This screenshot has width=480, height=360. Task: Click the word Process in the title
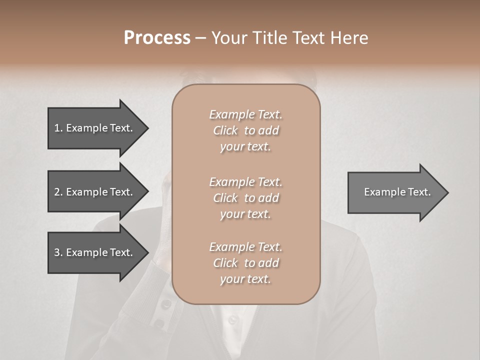coord(157,38)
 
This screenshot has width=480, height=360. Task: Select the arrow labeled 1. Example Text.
coord(95,128)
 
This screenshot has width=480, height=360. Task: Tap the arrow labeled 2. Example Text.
coord(95,192)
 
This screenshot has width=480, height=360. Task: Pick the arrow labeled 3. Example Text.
coord(95,252)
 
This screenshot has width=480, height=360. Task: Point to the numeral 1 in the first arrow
coord(57,128)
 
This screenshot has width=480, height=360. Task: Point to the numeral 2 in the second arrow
coord(57,192)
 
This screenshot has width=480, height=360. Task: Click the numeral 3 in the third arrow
coord(57,252)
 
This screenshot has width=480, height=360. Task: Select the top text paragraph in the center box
coord(245,130)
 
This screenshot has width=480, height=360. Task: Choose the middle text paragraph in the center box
coord(245,198)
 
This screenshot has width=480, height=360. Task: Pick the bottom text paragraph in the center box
coord(245,263)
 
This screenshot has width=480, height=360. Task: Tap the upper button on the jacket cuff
coord(166,304)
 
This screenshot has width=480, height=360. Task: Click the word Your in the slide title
coord(229,38)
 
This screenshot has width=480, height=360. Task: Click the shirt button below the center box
coord(233,318)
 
